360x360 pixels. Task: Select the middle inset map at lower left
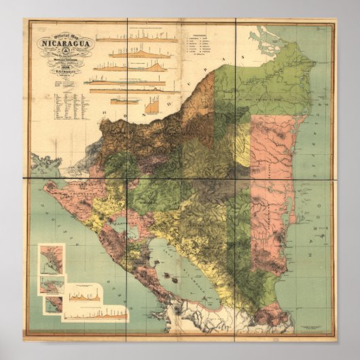pos(52,283)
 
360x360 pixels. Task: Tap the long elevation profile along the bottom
pos(95,314)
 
